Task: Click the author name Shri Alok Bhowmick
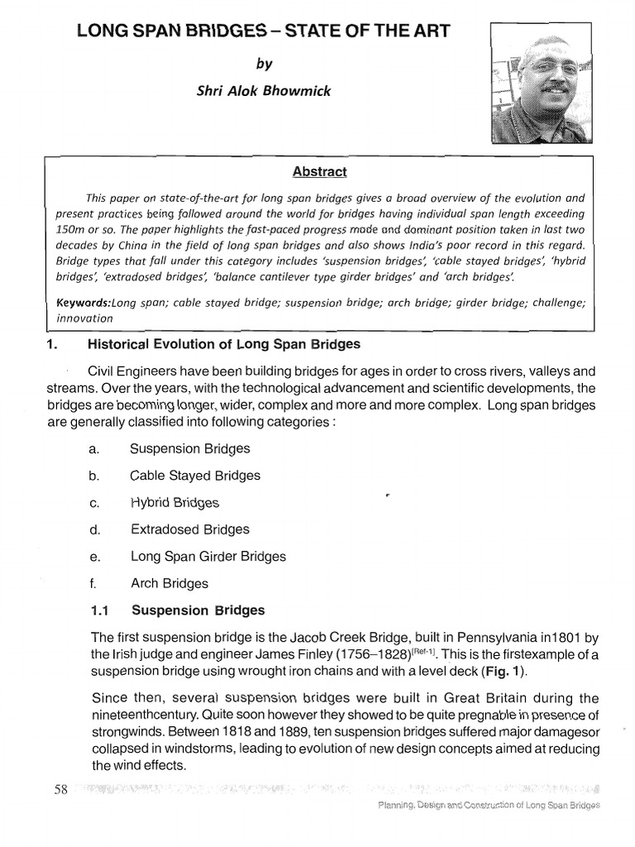pos(262,91)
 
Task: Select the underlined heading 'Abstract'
pos(318,172)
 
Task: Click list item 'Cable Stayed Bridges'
pos(195,476)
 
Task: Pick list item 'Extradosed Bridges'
pos(189,529)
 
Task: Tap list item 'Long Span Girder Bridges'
pos(208,557)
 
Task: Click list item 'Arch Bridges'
pos(169,583)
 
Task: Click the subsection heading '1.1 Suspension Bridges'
pos(177,610)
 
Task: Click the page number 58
pos(60,789)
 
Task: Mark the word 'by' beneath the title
pos(263,63)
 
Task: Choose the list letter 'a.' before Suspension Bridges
pos(93,449)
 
